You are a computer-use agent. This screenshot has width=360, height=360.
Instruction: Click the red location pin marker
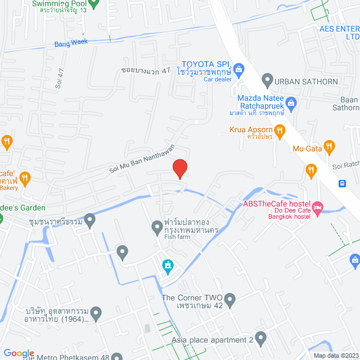pos(179,168)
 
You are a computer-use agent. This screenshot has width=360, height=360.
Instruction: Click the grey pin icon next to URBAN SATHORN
pos(268,80)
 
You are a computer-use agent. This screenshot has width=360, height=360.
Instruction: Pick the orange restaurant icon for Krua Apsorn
pos(280,130)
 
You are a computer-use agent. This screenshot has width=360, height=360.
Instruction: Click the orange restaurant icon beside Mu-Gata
pos(330,148)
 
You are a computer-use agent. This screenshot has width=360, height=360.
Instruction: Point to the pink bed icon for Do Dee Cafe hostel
pos(317,208)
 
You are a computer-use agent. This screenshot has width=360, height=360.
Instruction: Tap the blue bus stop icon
pos(342,183)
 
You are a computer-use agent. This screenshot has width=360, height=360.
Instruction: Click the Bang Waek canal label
pos(71,43)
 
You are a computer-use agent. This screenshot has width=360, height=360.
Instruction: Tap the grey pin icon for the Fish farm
pos(157,227)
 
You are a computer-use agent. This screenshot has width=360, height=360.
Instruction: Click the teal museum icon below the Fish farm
pos(167,265)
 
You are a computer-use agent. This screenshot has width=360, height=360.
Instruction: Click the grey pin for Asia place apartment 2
pos(260,339)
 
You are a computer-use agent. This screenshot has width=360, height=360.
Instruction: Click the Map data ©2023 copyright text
pos(335,355)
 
